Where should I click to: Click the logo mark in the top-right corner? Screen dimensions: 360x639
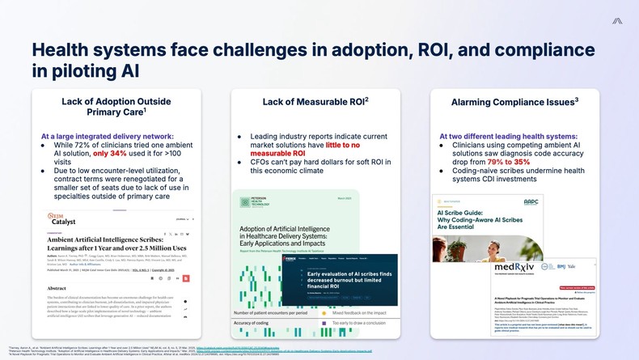point(617,20)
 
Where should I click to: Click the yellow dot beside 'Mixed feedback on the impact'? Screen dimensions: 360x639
point(324,312)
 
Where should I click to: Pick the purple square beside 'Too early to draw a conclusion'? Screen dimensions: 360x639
point(324,324)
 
